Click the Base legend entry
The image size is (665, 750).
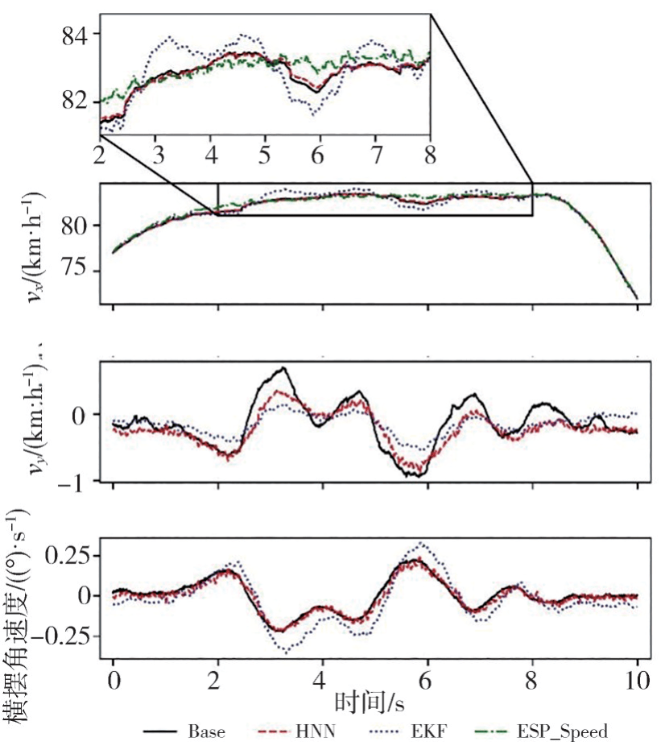click(x=184, y=732)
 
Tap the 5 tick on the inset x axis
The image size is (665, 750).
click(x=265, y=155)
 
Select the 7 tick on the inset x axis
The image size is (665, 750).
click(x=375, y=155)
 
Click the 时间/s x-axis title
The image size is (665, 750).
click(x=370, y=703)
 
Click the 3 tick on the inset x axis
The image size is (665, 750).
click(x=158, y=155)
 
